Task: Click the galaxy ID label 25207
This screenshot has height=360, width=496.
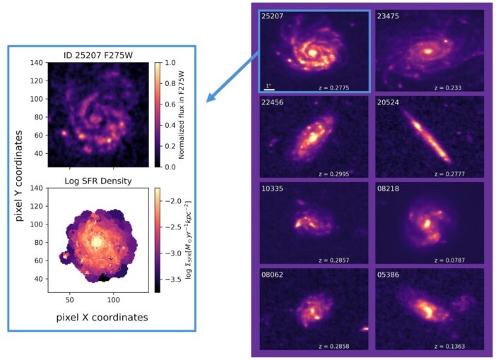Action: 273,16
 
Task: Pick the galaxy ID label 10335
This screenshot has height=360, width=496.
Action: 273,188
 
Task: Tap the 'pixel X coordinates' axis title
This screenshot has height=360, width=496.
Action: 102,318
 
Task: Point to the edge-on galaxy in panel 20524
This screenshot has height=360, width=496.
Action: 430,138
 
